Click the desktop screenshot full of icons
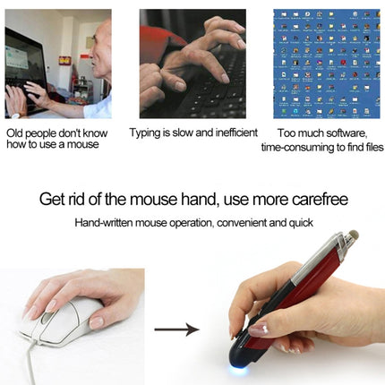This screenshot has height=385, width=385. point(326,63)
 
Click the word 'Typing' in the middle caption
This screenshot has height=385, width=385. point(147,133)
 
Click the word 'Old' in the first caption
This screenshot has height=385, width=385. point(15,133)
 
